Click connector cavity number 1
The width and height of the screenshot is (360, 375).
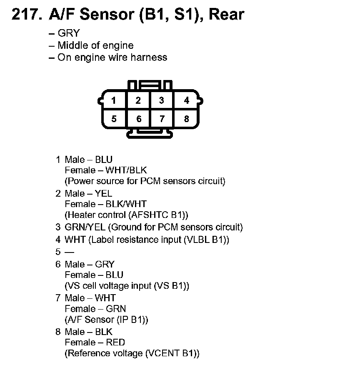coord(114,100)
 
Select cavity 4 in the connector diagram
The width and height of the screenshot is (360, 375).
coord(186,100)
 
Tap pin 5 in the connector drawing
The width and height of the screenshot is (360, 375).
coord(114,119)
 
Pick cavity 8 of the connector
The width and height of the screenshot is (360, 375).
coord(186,119)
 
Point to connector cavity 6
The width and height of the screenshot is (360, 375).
coord(139,119)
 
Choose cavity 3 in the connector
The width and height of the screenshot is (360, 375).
coord(162,100)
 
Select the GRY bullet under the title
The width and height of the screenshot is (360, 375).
coord(68,33)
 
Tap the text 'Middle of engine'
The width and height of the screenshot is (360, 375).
coord(95,45)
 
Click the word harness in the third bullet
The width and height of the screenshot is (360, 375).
coord(149,57)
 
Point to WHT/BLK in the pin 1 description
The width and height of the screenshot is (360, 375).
coord(126,170)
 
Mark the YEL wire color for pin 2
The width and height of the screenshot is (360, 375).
coord(103,193)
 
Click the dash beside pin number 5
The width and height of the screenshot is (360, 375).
coord(68,252)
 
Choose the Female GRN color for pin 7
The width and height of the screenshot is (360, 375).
coord(116,309)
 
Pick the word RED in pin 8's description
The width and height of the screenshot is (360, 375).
coord(115,342)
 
